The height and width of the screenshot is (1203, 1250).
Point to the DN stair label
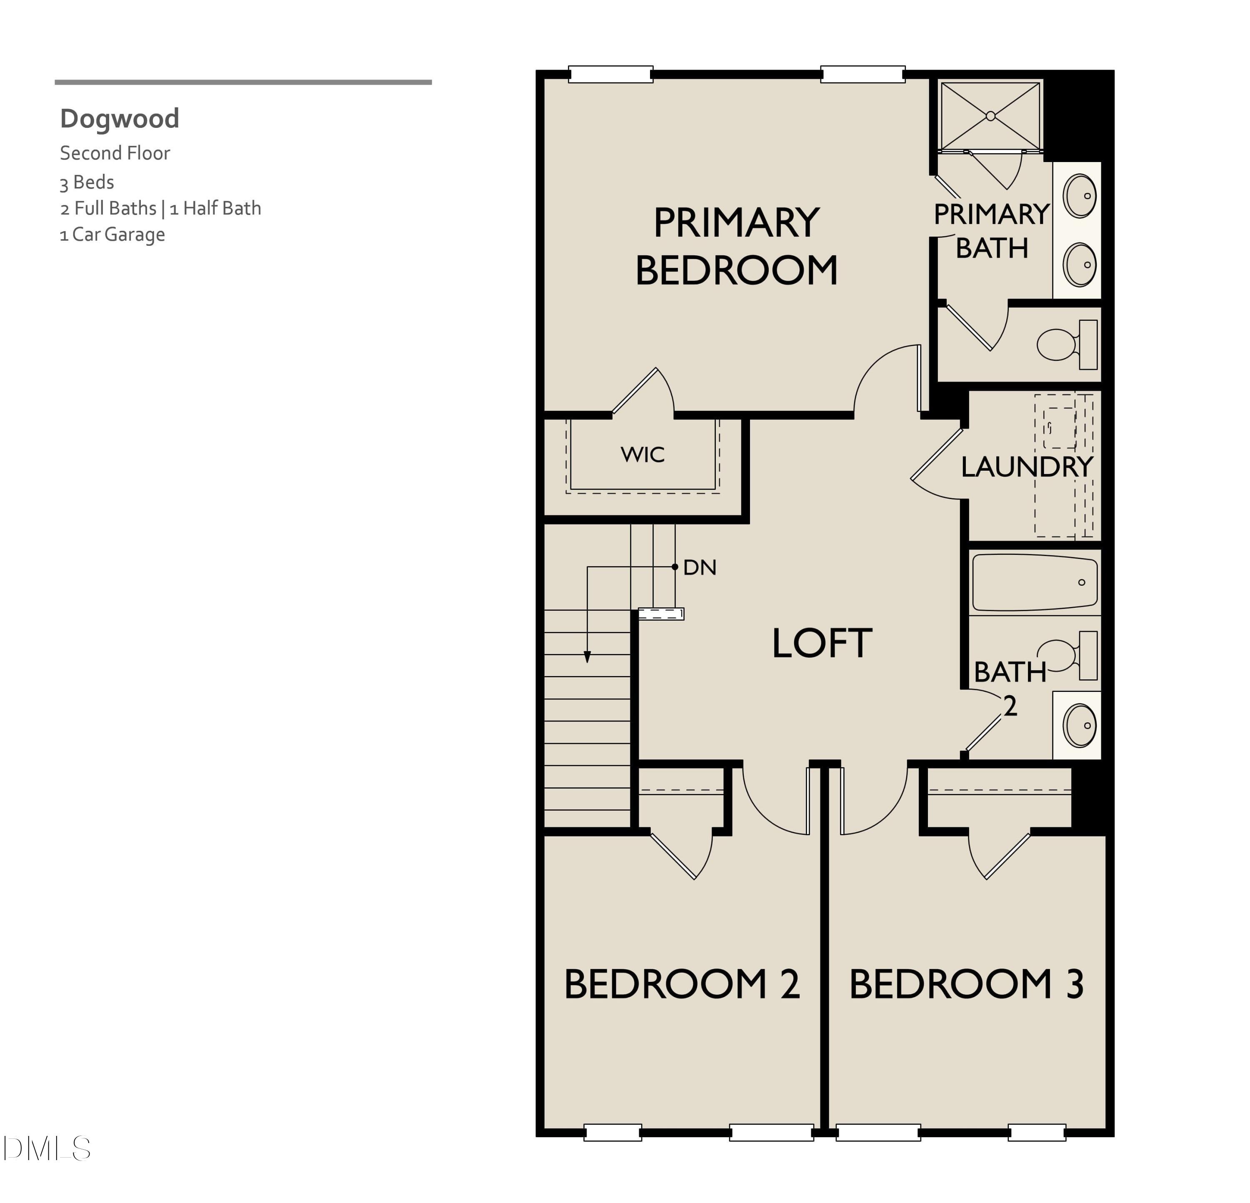[x=700, y=567]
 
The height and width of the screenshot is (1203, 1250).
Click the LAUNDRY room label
[x=1026, y=467]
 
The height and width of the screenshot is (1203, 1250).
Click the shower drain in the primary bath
[x=990, y=116]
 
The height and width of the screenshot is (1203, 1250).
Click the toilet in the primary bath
[x=1059, y=344]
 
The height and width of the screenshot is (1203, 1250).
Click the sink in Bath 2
[x=1079, y=725]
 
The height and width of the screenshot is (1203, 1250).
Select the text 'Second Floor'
[x=115, y=153]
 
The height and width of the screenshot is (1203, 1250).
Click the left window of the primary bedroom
[x=610, y=75]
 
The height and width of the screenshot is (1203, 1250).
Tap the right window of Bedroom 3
[x=1037, y=1132]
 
